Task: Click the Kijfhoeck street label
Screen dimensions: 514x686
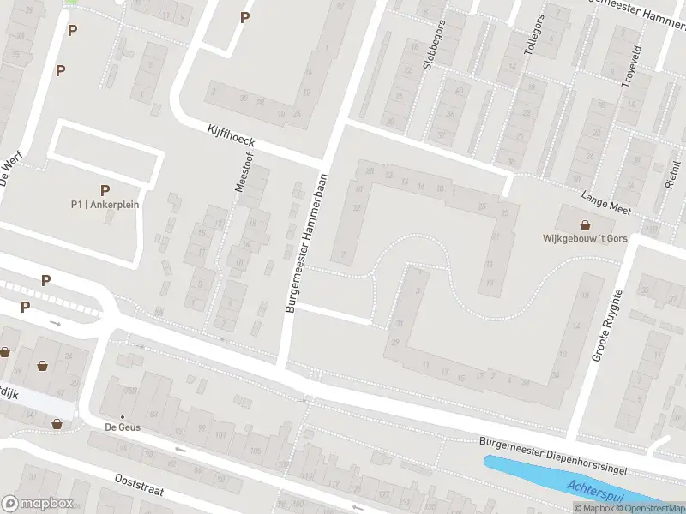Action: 231,134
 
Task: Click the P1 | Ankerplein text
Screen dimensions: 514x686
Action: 105,205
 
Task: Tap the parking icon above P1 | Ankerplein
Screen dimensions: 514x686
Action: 105,190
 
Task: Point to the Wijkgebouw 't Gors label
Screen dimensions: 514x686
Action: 586,239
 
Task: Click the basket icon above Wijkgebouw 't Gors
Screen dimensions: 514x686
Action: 586,225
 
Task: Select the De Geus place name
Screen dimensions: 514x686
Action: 123,427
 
